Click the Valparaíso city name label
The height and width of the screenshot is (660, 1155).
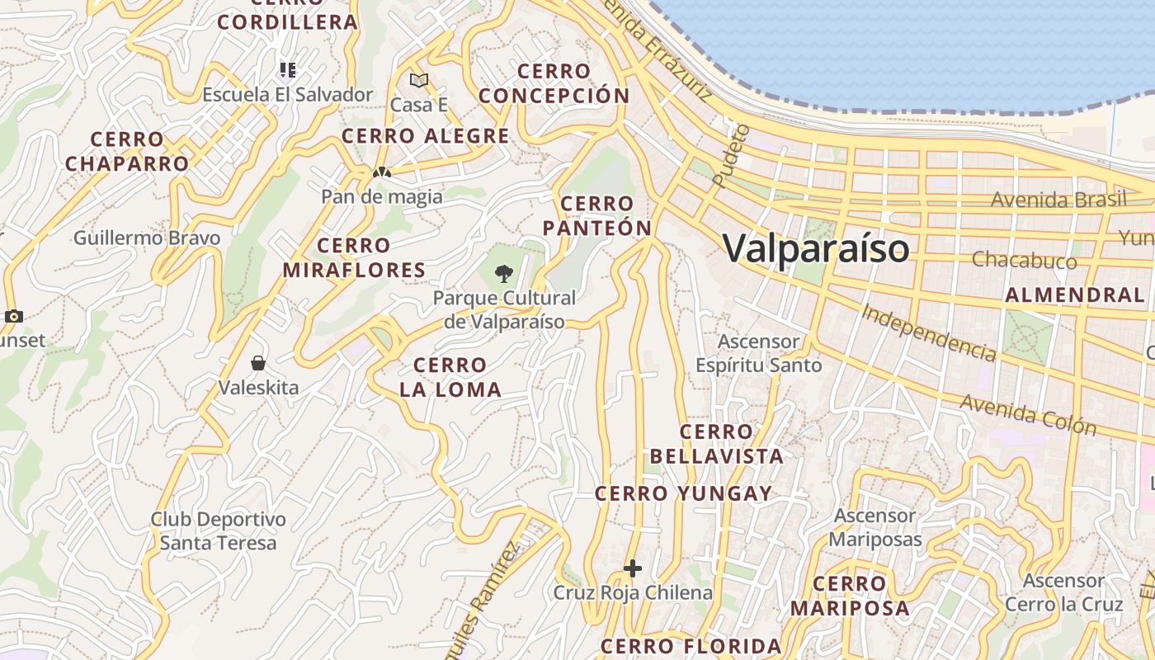(815, 248)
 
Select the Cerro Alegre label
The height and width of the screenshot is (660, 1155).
(425, 136)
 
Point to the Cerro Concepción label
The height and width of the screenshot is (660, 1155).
(554, 83)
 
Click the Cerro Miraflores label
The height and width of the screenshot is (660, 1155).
(354, 257)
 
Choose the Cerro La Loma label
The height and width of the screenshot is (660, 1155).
(450, 377)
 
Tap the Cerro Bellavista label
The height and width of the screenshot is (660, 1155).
(716, 444)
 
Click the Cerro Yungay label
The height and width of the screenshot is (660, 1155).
(684, 493)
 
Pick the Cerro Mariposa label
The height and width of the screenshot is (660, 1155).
(850, 596)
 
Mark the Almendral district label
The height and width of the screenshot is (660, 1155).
(1074, 295)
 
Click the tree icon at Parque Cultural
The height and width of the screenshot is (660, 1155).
(503, 273)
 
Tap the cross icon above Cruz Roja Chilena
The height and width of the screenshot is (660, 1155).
(633, 568)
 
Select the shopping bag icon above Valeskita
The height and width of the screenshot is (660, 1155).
(258, 363)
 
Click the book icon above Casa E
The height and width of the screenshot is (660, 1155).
(419, 80)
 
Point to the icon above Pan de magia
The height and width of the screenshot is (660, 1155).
(381, 173)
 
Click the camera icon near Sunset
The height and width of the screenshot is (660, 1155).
(13, 316)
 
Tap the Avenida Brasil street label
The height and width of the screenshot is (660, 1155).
(1058, 200)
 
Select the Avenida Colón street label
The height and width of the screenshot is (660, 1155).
(1028, 414)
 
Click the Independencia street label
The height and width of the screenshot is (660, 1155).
(928, 332)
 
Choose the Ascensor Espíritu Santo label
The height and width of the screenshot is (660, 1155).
(758, 353)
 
